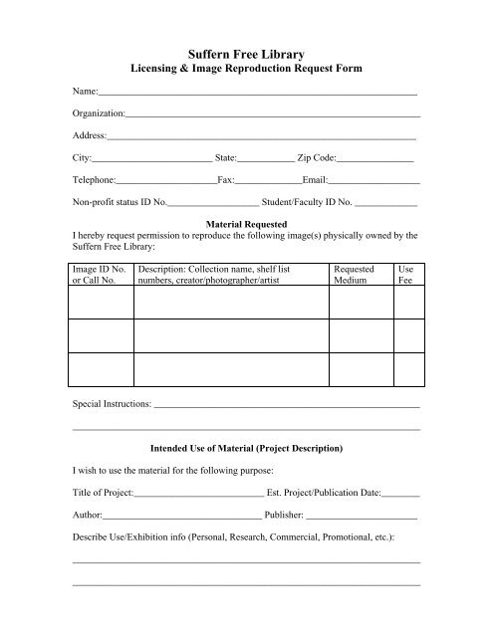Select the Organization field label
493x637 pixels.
point(100,112)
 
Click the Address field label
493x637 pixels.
point(90,134)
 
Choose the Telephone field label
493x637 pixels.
point(96,180)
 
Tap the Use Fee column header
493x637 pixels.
point(406,275)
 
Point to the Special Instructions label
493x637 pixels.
point(114,405)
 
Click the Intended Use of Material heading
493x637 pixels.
point(246,448)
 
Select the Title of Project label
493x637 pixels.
point(103,493)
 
